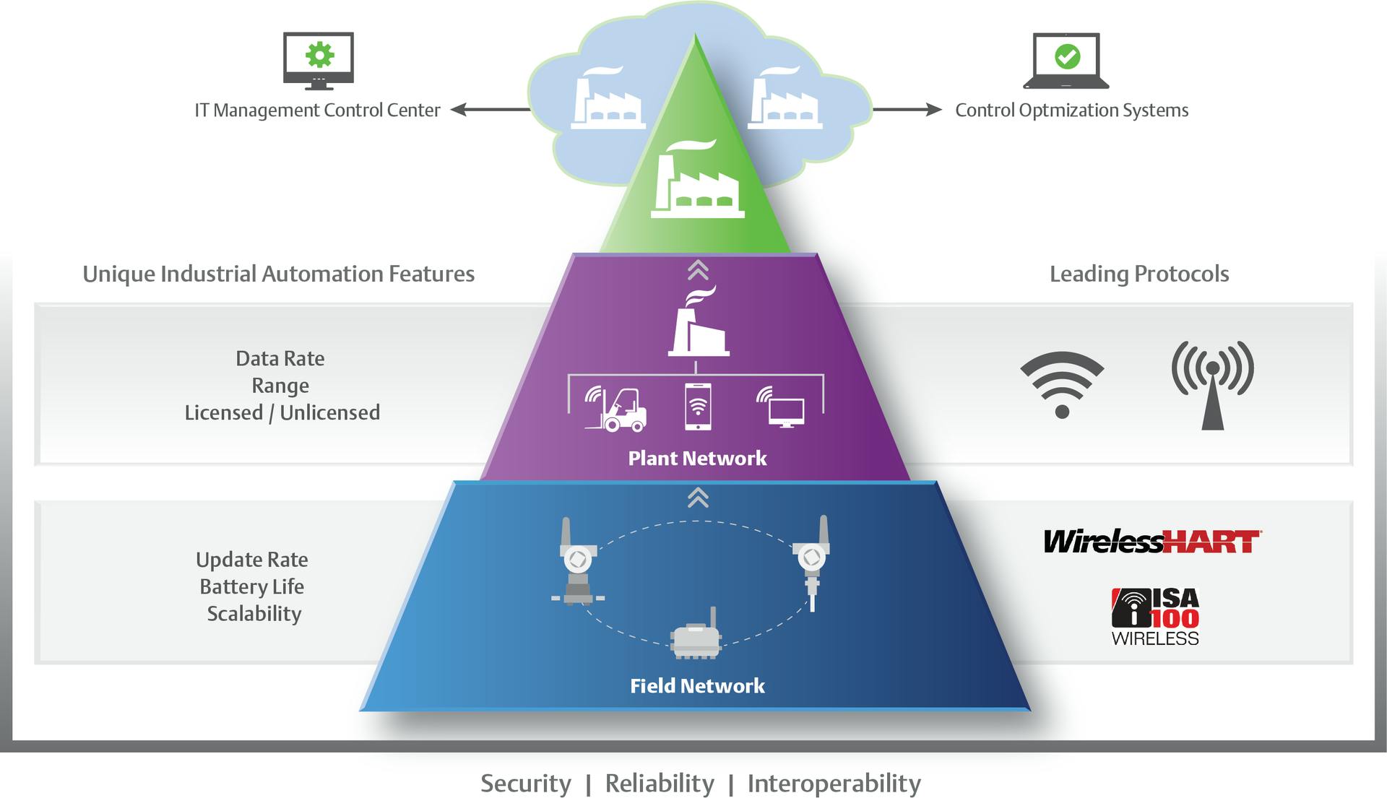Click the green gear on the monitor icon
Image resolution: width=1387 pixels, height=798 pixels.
(x=319, y=55)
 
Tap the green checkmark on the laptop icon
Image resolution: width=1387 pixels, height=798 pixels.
(x=1067, y=56)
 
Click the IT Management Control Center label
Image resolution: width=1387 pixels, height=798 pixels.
(x=317, y=110)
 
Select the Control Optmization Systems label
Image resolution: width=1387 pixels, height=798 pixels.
(x=1071, y=110)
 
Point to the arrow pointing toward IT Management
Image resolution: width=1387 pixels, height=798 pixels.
(x=489, y=110)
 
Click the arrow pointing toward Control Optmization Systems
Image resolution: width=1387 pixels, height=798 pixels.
(x=907, y=110)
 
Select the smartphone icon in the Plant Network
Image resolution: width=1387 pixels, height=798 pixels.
(x=697, y=407)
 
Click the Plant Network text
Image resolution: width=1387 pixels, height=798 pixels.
(x=697, y=458)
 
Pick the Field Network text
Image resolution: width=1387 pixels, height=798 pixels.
(x=697, y=685)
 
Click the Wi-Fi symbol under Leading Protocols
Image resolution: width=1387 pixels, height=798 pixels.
(x=1062, y=383)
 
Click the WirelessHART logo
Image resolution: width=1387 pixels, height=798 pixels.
(x=1152, y=541)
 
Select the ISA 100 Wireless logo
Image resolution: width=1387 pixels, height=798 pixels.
(x=1154, y=617)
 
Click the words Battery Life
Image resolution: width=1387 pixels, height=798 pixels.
(x=251, y=586)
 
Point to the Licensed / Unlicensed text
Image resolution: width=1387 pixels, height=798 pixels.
(x=282, y=412)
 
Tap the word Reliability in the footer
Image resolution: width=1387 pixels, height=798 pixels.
(x=659, y=783)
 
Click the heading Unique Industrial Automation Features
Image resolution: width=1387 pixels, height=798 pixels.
(x=278, y=274)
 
